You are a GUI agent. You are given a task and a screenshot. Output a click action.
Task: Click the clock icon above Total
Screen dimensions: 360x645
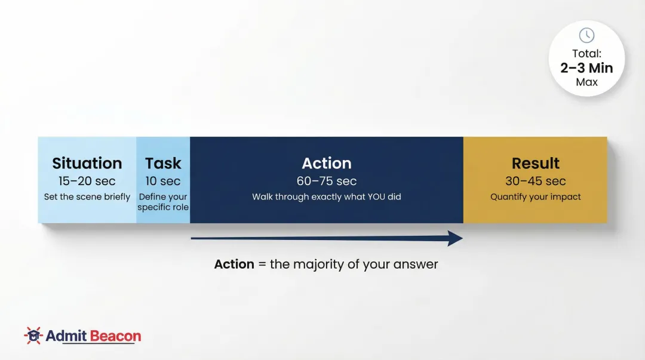click(x=586, y=35)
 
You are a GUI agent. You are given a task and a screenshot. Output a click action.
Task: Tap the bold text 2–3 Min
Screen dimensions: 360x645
click(x=586, y=68)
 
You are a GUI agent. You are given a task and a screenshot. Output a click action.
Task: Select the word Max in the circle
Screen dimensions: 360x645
click(x=586, y=82)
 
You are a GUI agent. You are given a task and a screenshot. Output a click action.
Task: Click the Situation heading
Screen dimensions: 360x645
click(x=87, y=164)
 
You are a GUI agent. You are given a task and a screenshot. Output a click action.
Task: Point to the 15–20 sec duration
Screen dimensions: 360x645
click(x=87, y=181)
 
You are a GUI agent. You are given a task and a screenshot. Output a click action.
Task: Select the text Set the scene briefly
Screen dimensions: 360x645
click(x=87, y=196)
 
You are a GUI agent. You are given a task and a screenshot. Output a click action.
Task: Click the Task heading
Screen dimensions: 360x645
click(x=163, y=164)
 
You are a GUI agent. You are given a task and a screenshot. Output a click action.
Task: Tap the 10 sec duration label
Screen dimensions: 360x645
click(x=163, y=181)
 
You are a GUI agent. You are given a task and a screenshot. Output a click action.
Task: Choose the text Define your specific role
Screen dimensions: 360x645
click(x=163, y=202)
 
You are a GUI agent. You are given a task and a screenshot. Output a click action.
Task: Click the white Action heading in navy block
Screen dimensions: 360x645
click(x=327, y=164)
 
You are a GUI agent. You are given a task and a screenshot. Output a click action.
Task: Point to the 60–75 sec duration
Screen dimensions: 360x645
click(x=327, y=181)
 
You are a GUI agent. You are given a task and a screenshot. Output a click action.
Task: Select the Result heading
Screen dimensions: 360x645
click(x=536, y=164)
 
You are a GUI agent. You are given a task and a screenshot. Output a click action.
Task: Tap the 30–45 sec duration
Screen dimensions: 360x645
click(x=536, y=181)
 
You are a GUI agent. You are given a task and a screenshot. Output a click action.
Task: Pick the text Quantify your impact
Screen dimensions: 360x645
click(x=536, y=196)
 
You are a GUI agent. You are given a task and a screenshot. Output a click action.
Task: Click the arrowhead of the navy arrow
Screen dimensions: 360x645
click(x=456, y=239)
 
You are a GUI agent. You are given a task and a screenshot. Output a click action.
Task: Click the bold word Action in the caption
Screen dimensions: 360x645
click(x=234, y=264)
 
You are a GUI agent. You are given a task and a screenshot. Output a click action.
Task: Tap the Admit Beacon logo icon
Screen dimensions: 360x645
click(x=33, y=336)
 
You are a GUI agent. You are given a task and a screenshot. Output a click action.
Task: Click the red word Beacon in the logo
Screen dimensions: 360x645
click(x=115, y=336)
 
